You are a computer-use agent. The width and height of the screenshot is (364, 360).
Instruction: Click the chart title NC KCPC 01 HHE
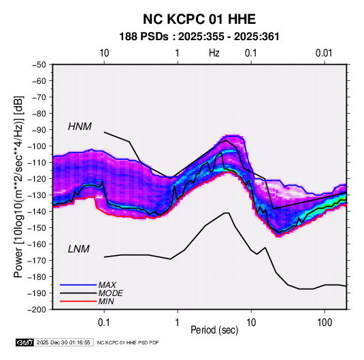pyautogui.click(x=199, y=19)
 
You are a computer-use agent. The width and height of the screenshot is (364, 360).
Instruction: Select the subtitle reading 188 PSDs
pyautogui.click(x=144, y=37)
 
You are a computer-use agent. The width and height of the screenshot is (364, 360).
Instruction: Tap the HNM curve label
pyautogui.click(x=80, y=127)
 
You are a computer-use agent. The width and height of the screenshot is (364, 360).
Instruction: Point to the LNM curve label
pyautogui.click(x=79, y=249)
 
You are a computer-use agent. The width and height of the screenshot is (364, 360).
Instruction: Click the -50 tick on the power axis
pyautogui.click(x=39, y=65)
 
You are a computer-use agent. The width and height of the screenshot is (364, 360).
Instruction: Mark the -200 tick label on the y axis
pyautogui.click(x=37, y=310)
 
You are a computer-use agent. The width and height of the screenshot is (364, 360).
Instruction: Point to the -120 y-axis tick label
pyautogui.click(x=37, y=178)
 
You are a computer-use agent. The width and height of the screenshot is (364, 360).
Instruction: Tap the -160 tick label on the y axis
pyautogui.click(x=37, y=244)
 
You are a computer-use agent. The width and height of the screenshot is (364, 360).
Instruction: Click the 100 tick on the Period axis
pyautogui.click(x=325, y=323)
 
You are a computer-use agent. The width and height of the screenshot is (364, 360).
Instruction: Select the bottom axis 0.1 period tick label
pyautogui.click(x=104, y=323)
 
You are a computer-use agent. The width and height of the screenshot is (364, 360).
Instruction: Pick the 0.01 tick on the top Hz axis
pyautogui.click(x=324, y=53)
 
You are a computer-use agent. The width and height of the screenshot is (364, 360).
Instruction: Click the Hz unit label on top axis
pyautogui.click(x=214, y=53)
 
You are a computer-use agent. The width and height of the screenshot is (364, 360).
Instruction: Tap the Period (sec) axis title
pyautogui.click(x=214, y=330)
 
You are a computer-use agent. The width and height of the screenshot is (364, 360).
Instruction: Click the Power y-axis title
pyautogui.click(x=18, y=186)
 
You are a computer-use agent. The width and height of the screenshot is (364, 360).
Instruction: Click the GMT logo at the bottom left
pyautogui.click(x=24, y=342)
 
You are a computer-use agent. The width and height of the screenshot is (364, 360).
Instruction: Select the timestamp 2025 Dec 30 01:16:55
pyautogui.click(x=63, y=342)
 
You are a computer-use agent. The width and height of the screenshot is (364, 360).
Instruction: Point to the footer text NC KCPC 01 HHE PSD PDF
pyautogui.click(x=128, y=342)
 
